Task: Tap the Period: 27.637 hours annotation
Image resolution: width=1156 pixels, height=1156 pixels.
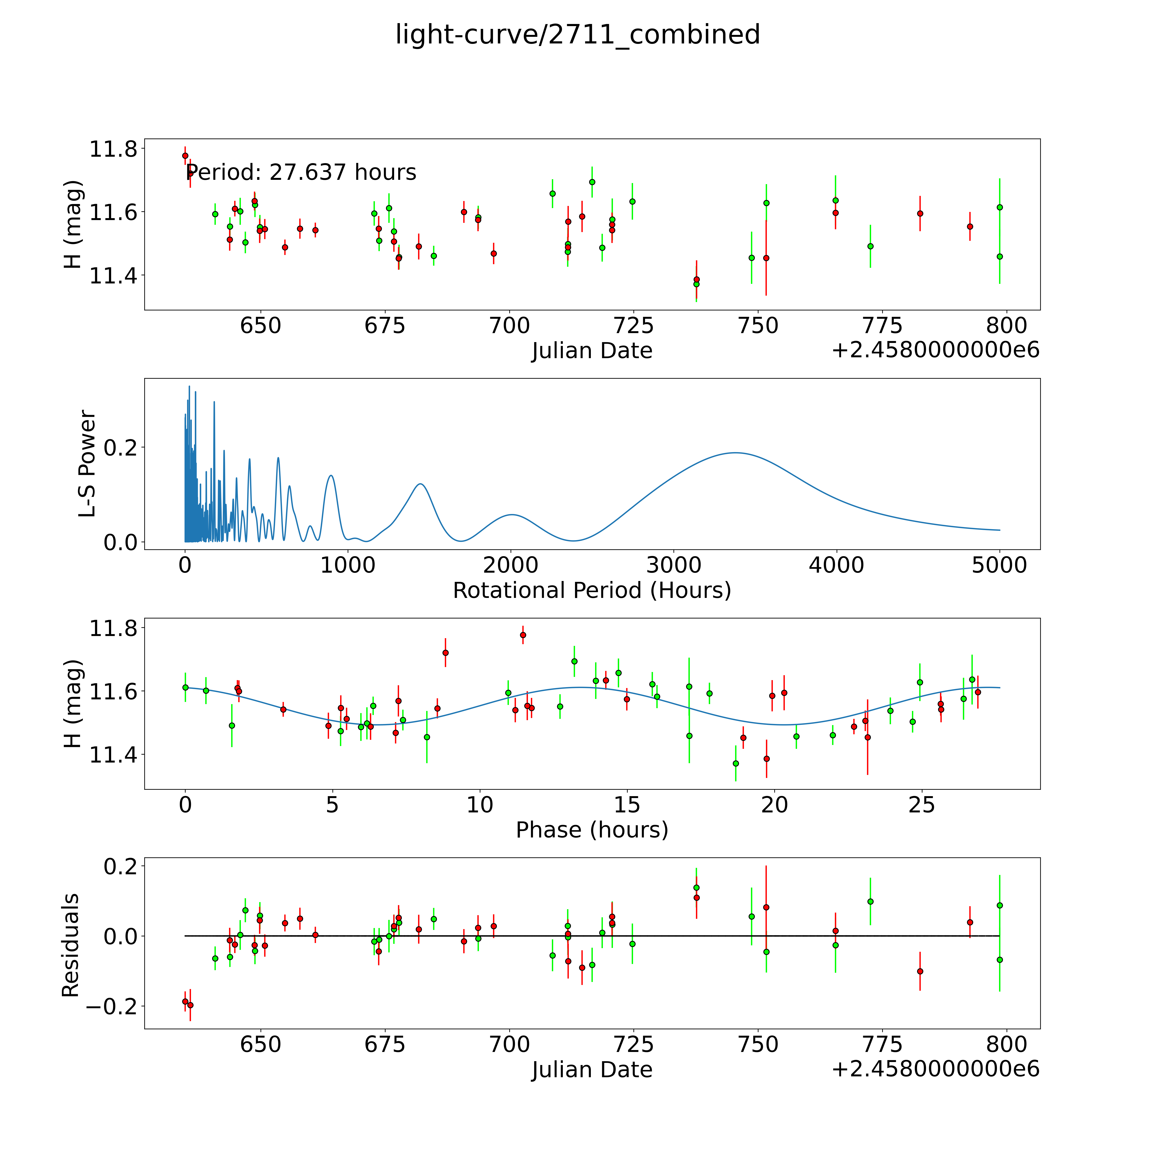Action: [x=301, y=172]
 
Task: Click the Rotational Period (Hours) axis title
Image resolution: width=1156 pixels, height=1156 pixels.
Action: [x=592, y=591]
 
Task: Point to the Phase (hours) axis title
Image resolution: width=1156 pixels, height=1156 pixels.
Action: [x=592, y=830]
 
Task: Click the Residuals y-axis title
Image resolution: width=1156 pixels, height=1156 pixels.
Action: [x=71, y=945]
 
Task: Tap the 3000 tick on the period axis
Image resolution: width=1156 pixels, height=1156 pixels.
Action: [x=674, y=565]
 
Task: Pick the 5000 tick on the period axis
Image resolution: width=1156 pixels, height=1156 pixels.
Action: [x=999, y=565]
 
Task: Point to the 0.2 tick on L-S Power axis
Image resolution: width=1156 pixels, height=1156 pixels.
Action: [x=120, y=447]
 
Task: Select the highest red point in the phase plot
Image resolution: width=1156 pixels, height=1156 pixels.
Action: [x=523, y=635]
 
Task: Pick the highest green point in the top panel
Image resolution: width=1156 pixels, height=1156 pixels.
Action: [x=592, y=182]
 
